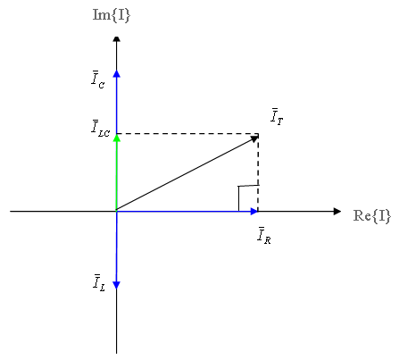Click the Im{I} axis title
(x=112, y=15)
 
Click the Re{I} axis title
(x=372, y=215)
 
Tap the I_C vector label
(x=97, y=80)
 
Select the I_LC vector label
(x=100, y=129)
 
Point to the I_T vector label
(x=277, y=117)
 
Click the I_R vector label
(x=264, y=236)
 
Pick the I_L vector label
(x=99, y=282)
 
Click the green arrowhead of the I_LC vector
(x=117, y=138)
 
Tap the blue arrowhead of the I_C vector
(x=117, y=73)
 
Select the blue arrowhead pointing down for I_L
(x=117, y=285)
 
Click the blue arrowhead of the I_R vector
(x=254, y=212)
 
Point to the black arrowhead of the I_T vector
(x=254, y=138)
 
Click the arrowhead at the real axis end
(x=337, y=212)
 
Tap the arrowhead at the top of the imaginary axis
(x=117, y=39)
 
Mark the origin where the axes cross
(x=117, y=212)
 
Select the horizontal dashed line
(x=187, y=133)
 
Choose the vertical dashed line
(x=258, y=172)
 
